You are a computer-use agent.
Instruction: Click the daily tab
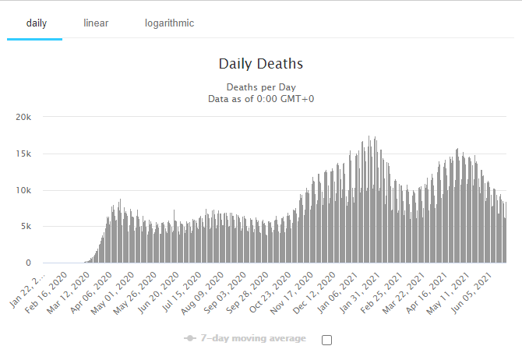click(x=36, y=23)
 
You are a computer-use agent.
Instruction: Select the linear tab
click(x=96, y=23)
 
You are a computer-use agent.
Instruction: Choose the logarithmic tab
click(x=169, y=23)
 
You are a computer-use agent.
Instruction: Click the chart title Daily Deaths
click(x=260, y=63)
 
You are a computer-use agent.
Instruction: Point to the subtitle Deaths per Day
click(x=261, y=86)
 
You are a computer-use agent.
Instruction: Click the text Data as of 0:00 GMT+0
click(x=261, y=99)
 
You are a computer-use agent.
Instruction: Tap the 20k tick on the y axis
click(x=23, y=117)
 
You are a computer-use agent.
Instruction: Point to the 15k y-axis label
click(x=23, y=154)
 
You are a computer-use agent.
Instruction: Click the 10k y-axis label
click(x=23, y=190)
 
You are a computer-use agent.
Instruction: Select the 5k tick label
click(x=26, y=227)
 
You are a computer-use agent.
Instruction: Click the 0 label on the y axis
click(x=28, y=263)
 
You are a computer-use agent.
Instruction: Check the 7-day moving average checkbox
click(x=326, y=340)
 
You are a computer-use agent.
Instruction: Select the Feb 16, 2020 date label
click(x=49, y=290)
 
